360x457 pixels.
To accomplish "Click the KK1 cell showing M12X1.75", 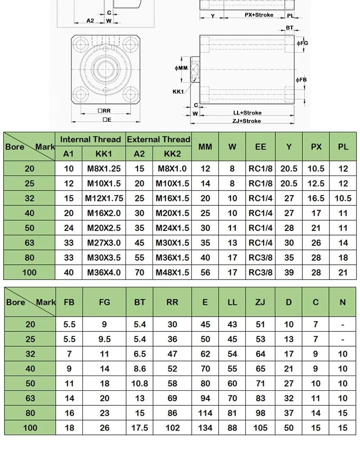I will pyautogui.click(x=104, y=198).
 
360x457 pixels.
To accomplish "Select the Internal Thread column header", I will pyautogui.click(x=90, y=139).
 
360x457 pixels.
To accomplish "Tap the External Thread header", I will pyautogui.click(x=158, y=139).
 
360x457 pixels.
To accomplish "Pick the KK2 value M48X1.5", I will pyautogui.click(x=172, y=272).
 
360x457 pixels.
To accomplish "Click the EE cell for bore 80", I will pyautogui.click(x=261, y=258).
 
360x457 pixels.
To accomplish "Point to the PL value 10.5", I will pyautogui.click(x=343, y=198).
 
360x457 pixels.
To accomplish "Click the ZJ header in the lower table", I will pyautogui.click(x=260, y=302).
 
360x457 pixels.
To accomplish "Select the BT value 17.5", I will pyautogui.click(x=139, y=428).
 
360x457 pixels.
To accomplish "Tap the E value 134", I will pyautogui.click(x=205, y=428).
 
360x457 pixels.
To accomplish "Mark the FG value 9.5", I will pyautogui.click(x=104, y=339).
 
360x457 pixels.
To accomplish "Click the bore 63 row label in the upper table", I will pyautogui.click(x=29, y=243).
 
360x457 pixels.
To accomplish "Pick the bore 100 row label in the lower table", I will pyautogui.click(x=30, y=428).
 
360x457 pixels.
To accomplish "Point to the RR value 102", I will pyautogui.click(x=172, y=428).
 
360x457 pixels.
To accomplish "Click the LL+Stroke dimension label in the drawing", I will pyautogui.click(x=247, y=113).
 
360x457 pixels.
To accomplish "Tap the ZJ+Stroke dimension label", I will pyautogui.click(x=247, y=121).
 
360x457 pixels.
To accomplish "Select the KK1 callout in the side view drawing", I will pyautogui.click(x=178, y=91).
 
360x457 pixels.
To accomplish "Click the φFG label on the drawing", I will pyautogui.click(x=302, y=43).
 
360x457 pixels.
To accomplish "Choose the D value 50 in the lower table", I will pyautogui.click(x=288, y=428).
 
